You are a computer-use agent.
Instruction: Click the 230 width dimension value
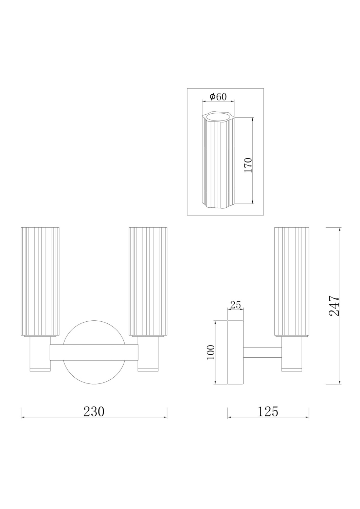[94, 411]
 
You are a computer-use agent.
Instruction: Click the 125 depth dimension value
[268, 411]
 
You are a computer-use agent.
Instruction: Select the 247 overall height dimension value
[334, 306]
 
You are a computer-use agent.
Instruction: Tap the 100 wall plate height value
[211, 352]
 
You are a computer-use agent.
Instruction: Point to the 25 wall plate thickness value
[235, 305]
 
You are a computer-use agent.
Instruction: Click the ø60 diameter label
[218, 97]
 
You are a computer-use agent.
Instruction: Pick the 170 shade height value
[248, 165]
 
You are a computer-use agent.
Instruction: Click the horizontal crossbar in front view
[94, 352]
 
